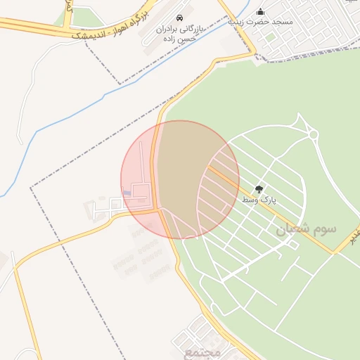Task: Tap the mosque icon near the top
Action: pyautogui.click(x=261, y=11)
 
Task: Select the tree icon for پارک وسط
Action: pyautogui.click(x=259, y=189)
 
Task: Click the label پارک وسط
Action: pyautogui.click(x=259, y=201)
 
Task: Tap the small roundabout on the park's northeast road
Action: pyautogui.click(x=314, y=135)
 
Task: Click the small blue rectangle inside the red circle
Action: pyautogui.click(x=127, y=193)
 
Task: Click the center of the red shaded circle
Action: pyautogui.click(x=180, y=179)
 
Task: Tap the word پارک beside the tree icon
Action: pyautogui.click(x=268, y=201)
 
